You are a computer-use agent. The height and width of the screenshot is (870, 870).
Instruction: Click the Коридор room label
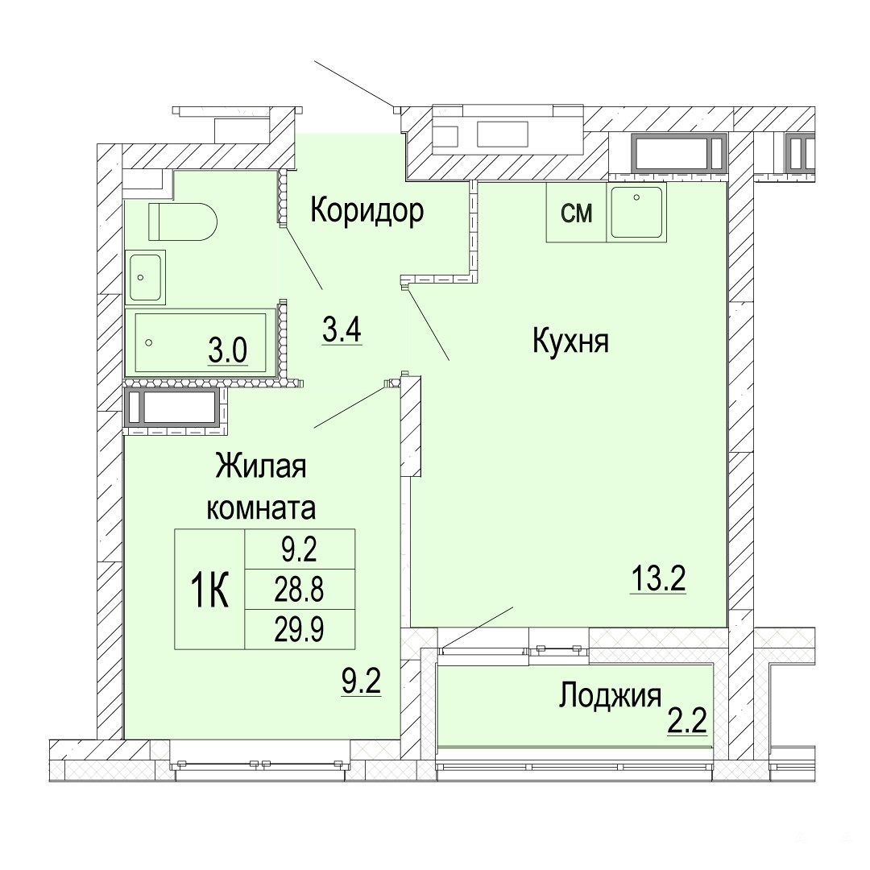coord(367,211)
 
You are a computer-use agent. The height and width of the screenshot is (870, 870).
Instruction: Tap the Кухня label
coord(570,341)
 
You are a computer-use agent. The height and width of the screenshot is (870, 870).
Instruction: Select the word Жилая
coord(261,466)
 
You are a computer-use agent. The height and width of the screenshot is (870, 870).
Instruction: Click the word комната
coord(261,508)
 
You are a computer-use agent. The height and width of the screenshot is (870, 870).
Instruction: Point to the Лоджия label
coord(610,696)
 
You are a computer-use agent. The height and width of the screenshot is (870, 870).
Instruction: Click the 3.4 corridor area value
coord(342,331)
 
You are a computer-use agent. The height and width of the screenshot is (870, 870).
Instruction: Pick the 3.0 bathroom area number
coord(227,350)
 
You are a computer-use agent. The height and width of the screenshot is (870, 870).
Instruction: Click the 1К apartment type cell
coord(209,589)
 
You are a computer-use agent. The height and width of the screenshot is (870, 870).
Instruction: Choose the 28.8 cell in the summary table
coord(300,589)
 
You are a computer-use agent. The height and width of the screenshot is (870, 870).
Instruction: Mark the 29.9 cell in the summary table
coord(300,629)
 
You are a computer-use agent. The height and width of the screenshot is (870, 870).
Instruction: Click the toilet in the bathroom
coord(182,222)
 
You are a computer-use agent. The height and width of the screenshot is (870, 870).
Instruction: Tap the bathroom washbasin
coord(145,277)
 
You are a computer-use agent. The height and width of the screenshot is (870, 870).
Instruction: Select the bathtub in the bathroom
coord(201,342)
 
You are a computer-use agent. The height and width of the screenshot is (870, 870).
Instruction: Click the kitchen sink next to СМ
coord(636,213)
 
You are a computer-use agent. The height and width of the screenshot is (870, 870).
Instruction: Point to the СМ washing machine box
coord(577,213)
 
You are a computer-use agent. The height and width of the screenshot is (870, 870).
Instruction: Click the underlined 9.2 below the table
coord(361,682)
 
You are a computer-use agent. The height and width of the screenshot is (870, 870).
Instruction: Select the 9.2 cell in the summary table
coord(300,549)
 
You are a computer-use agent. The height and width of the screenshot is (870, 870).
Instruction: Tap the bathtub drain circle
coord(148,343)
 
